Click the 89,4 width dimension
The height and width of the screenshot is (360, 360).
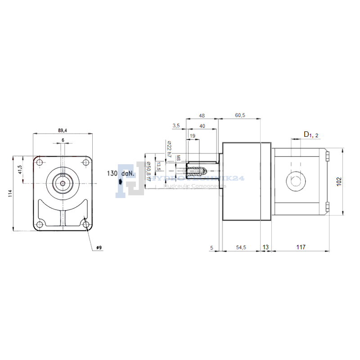pos(63,130)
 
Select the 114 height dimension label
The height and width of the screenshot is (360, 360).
pos(10,193)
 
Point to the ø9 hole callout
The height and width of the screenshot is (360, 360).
pos(99,247)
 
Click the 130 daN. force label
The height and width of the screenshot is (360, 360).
pos(119,173)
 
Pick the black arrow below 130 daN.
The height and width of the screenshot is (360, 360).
pos(120,182)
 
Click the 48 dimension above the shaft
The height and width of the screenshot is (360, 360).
pos(202,116)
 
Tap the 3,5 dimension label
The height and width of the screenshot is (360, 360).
pos(175,126)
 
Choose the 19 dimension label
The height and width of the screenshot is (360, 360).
pos(192,135)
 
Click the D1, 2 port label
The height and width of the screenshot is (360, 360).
pos(311,134)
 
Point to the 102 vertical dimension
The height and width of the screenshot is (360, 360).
pos(340,181)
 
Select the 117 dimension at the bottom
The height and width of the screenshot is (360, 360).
pos(301,247)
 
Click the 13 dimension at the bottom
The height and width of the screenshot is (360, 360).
pos(265,247)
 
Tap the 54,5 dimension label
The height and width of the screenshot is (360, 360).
pos(242,247)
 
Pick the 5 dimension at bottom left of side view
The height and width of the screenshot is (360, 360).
pos(211,247)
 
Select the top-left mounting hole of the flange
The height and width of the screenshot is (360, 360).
pos(40,162)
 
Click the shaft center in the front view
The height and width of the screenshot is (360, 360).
pos(63,182)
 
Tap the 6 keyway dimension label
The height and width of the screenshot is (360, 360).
pos(63,140)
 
